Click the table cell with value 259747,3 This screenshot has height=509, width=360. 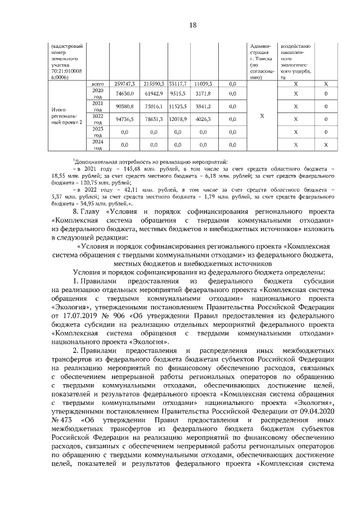124,83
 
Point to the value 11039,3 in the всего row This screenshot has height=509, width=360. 203,83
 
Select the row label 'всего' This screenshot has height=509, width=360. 97,83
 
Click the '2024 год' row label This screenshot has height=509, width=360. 97,145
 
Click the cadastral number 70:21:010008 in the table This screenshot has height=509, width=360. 66,71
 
